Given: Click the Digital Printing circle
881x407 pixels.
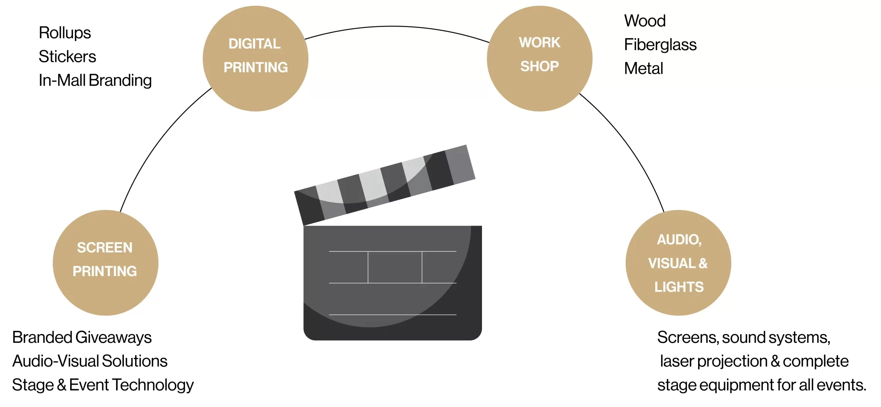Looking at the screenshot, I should [x=255, y=59].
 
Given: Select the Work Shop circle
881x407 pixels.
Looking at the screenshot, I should [x=539, y=59].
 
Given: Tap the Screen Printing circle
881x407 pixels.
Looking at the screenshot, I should [x=105, y=263].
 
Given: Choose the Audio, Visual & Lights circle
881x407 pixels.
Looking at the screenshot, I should [x=678, y=263].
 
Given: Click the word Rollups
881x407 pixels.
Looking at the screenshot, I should [x=65, y=33].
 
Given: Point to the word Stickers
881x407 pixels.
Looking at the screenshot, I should [x=67, y=57].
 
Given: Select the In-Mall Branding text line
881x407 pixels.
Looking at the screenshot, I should [x=95, y=80].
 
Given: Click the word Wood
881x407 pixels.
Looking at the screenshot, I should [x=645, y=21].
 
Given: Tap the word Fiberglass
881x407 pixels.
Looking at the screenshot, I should [x=660, y=45].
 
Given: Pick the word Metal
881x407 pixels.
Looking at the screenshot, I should [x=643, y=69].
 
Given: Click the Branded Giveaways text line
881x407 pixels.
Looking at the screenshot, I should [x=82, y=337].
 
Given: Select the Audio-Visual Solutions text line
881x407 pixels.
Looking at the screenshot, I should [x=90, y=361].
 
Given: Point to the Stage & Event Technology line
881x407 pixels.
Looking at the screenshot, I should [x=103, y=385].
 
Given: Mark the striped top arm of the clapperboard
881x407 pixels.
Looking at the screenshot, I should [x=385, y=185].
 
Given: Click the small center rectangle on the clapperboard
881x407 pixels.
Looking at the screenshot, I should [x=395, y=267].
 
